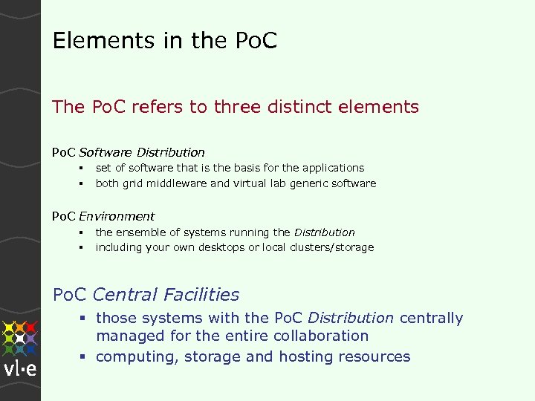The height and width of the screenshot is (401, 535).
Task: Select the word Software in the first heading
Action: (106, 152)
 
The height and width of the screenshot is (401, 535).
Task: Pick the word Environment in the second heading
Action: (117, 216)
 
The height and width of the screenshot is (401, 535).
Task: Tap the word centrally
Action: (431, 319)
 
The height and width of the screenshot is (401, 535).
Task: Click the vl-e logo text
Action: (20, 370)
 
